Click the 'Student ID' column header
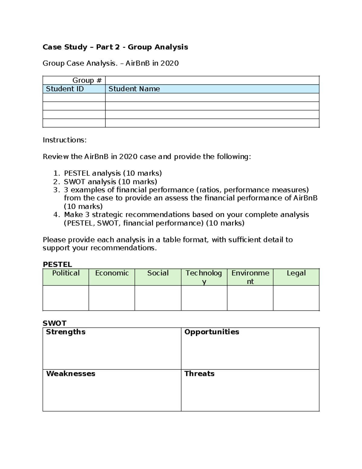click(x=65, y=89)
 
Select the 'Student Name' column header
click(x=134, y=89)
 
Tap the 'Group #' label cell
click(x=87, y=80)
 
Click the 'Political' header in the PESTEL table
click(x=66, y=273)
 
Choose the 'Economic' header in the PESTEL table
click(x=112, y=273)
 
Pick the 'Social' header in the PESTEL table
click(x=158, y=273)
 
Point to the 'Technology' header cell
click(x=204, y=277)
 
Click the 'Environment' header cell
click(x=250, y=277)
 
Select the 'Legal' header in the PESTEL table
click(x=296, y=273)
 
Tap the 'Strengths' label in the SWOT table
click(x=65, y=332)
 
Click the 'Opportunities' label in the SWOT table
click(x=211, y=332)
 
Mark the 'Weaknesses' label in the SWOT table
click(x=71, y=374)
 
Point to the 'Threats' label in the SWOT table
click(x=199, y=374)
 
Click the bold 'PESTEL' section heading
click(x=57, y=265)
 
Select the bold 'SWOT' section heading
click(x=54, y=323)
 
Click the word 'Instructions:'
click(x=65, y=140)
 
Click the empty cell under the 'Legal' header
click(x=296, y=298)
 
